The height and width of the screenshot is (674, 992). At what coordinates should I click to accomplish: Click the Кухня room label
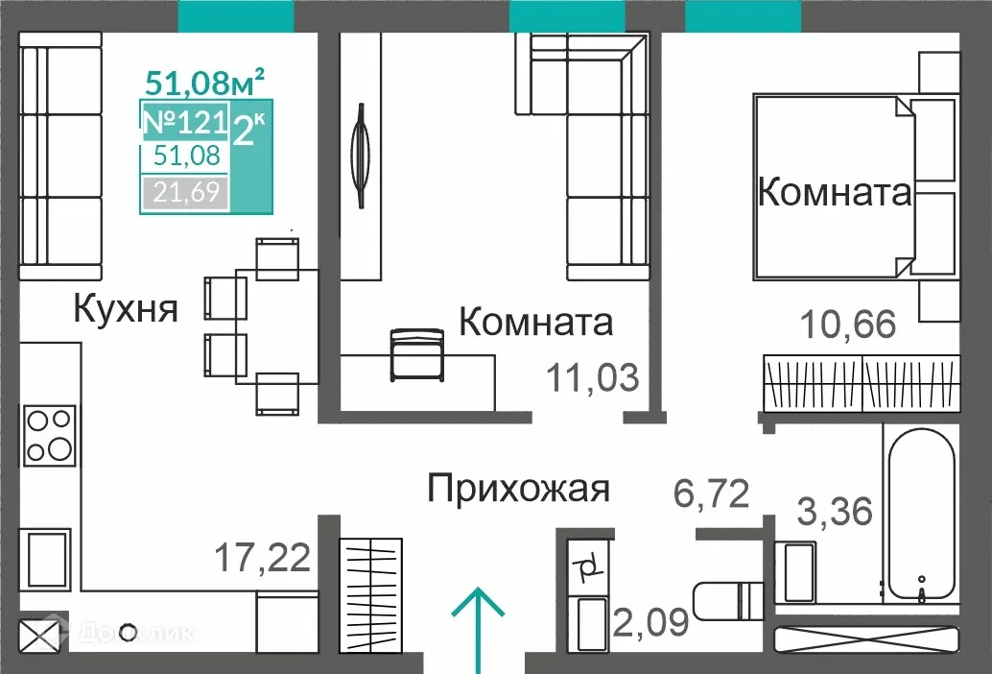point(126,309)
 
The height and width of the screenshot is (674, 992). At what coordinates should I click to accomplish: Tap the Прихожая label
point(518,488)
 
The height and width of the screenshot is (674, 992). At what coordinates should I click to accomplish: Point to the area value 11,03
point(592,377)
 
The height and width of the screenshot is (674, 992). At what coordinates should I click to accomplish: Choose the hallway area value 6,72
point(710,495)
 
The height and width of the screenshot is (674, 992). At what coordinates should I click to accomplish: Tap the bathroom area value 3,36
point(835,511)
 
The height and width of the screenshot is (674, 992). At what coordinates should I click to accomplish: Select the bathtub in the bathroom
point(920,518)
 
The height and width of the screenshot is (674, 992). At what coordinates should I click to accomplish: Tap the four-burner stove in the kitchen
point(50,436)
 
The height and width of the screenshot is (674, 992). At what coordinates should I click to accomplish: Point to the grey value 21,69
point(184,193)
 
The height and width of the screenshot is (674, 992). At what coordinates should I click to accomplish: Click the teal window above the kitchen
point(236,14)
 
